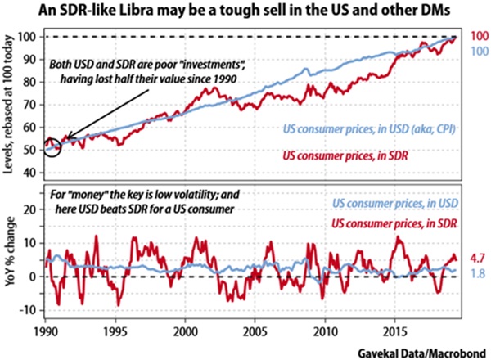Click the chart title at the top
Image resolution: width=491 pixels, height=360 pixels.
point(245,12)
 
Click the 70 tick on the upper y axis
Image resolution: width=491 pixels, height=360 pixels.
point(31,105)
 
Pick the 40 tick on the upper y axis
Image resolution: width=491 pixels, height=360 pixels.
point(31,173)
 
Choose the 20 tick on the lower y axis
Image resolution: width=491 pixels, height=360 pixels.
point(31,209)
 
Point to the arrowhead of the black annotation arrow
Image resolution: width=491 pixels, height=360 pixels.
point(65,142)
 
